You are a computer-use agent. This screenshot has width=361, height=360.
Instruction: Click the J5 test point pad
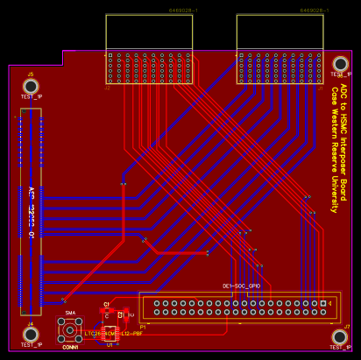pos(31,86)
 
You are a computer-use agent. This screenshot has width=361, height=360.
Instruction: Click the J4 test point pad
pos(31,334)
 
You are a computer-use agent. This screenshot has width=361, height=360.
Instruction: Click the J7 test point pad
pos(340,337)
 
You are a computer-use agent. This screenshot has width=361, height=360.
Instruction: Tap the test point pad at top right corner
pos(340,64)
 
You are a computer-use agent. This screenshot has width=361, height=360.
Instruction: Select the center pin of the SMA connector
pos(70,329)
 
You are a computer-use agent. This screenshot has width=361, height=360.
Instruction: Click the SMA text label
pos(70,313)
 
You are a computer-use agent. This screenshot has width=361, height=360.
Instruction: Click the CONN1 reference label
pos(70,348)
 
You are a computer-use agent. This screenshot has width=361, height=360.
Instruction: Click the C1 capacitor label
pos(106,304)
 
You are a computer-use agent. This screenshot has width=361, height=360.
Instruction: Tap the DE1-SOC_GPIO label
pos(241,286)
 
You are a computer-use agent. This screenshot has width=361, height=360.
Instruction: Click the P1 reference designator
pos(143,327)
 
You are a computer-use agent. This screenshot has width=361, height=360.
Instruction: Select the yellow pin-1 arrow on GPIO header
pos(329,303)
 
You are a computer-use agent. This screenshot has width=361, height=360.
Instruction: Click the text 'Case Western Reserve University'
pos(334,155)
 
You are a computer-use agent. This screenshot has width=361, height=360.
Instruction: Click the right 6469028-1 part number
pos(315,11)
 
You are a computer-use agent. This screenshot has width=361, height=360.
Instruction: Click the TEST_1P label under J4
pos(31,345)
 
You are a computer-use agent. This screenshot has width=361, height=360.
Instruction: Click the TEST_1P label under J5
pos(31,96)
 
